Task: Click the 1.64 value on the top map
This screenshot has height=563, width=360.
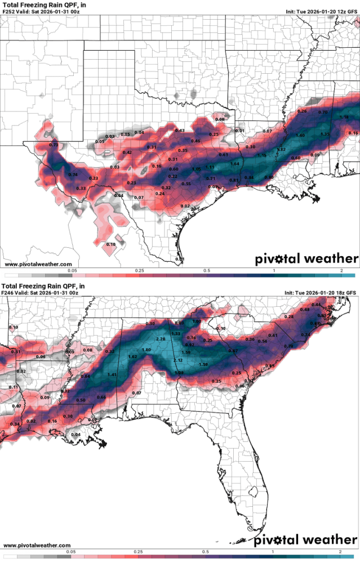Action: (x=235, y=164)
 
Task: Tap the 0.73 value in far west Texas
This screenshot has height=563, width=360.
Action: (x=54, y=145)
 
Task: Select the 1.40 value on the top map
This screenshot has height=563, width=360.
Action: (x=300, y=136)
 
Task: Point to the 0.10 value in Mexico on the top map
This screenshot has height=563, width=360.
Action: (x=110, y=244)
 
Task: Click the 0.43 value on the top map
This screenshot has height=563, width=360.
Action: (x=180, y=131)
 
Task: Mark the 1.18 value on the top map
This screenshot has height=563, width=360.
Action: (x=344, y=117)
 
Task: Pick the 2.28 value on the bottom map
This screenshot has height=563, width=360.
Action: (x=161, y=339)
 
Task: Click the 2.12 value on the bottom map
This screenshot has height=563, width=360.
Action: (x=178, y=360)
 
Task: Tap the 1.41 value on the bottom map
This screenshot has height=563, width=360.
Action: (x=112, y=374)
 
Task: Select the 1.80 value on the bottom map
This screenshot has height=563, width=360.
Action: (x=146, y=350)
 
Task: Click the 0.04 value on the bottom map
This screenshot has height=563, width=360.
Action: (x=75, y=434)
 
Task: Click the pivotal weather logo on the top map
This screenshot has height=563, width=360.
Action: (x=306, y=259)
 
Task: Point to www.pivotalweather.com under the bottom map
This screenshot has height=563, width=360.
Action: (x=37, y=546)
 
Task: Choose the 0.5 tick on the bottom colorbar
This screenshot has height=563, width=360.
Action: (x=206, y=553)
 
